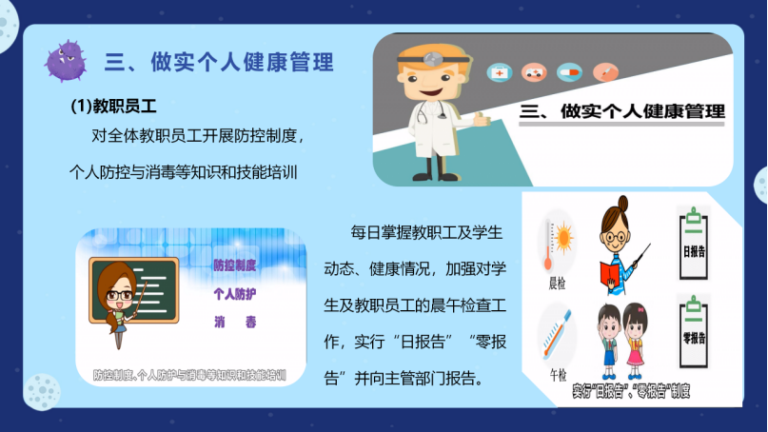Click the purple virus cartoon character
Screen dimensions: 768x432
tap(66, 61)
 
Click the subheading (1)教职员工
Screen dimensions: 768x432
tap(113, 106)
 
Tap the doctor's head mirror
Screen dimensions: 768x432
tap(432, 59)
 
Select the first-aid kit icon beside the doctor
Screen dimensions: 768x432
tap(499, 73)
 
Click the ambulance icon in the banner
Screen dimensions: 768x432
tap(534, 73)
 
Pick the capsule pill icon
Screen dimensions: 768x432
tap(569, 73)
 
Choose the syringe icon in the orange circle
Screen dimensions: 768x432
tap(605, 73)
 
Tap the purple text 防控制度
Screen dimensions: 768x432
tap(235, 265)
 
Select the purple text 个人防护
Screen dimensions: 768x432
tap(235, 294)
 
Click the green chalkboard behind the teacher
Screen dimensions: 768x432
tap(134, 290)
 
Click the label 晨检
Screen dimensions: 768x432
tap(557, 284)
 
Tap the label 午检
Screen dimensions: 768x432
tap(558, 375)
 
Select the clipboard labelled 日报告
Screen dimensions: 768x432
tap(694, 244)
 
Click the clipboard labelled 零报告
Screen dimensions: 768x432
tap(694, 331)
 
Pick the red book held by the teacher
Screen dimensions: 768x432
tap(613, 276)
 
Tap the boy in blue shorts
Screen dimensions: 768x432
tap(609, 342)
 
